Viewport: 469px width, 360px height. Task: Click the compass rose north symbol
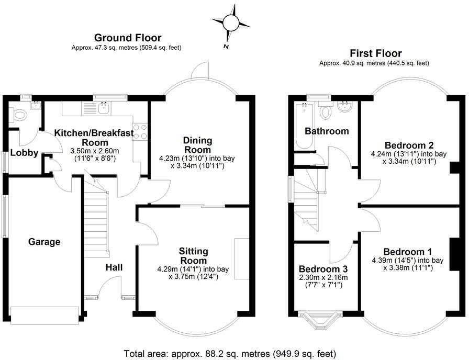click(230, 22)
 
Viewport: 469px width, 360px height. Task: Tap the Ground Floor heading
click(127, 38)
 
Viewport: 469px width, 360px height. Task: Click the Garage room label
click(44, 242)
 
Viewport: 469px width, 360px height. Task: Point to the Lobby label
click(24, 153)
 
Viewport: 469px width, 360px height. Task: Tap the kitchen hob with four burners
click(140, 131)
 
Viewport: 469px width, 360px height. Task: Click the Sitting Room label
click(193, 256)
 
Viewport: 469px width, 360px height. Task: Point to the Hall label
click(114, 267)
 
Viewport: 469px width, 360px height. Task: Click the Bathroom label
click(327, 131)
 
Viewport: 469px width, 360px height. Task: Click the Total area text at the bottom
click(230, 353)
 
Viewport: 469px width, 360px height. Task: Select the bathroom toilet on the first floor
click(325, 110)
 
